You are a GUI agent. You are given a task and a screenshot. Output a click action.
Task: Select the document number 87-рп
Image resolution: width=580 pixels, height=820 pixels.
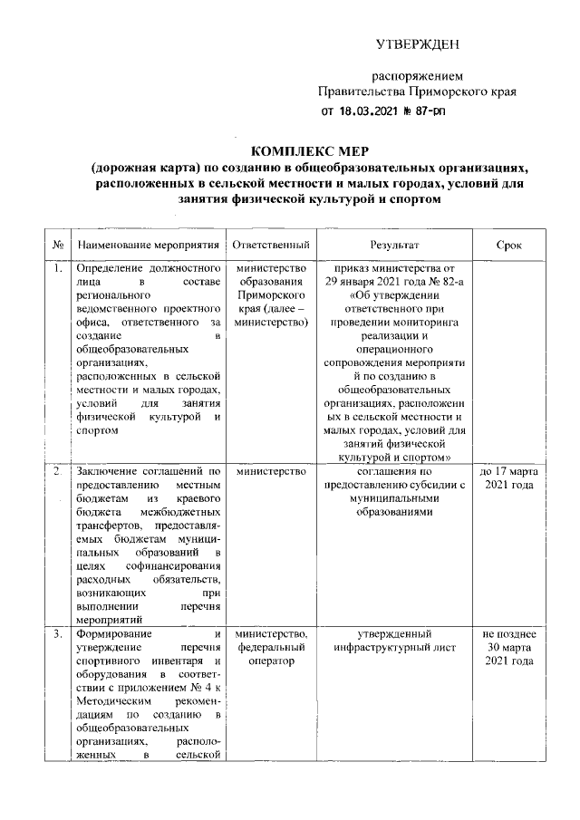click(x=424, y=111)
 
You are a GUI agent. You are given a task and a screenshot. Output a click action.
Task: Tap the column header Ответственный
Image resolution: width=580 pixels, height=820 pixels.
click(x=272, y=246)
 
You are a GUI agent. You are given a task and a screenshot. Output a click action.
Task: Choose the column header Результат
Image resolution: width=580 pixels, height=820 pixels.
click(x=392, y=246)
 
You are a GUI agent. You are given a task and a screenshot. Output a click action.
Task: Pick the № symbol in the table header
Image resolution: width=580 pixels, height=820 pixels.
click(x=58, y=246)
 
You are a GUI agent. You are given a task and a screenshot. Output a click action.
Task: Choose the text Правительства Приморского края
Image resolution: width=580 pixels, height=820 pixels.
click(x=418, y=92)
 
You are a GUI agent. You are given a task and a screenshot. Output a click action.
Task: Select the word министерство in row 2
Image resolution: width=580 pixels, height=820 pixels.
click(x=272, y=472)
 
